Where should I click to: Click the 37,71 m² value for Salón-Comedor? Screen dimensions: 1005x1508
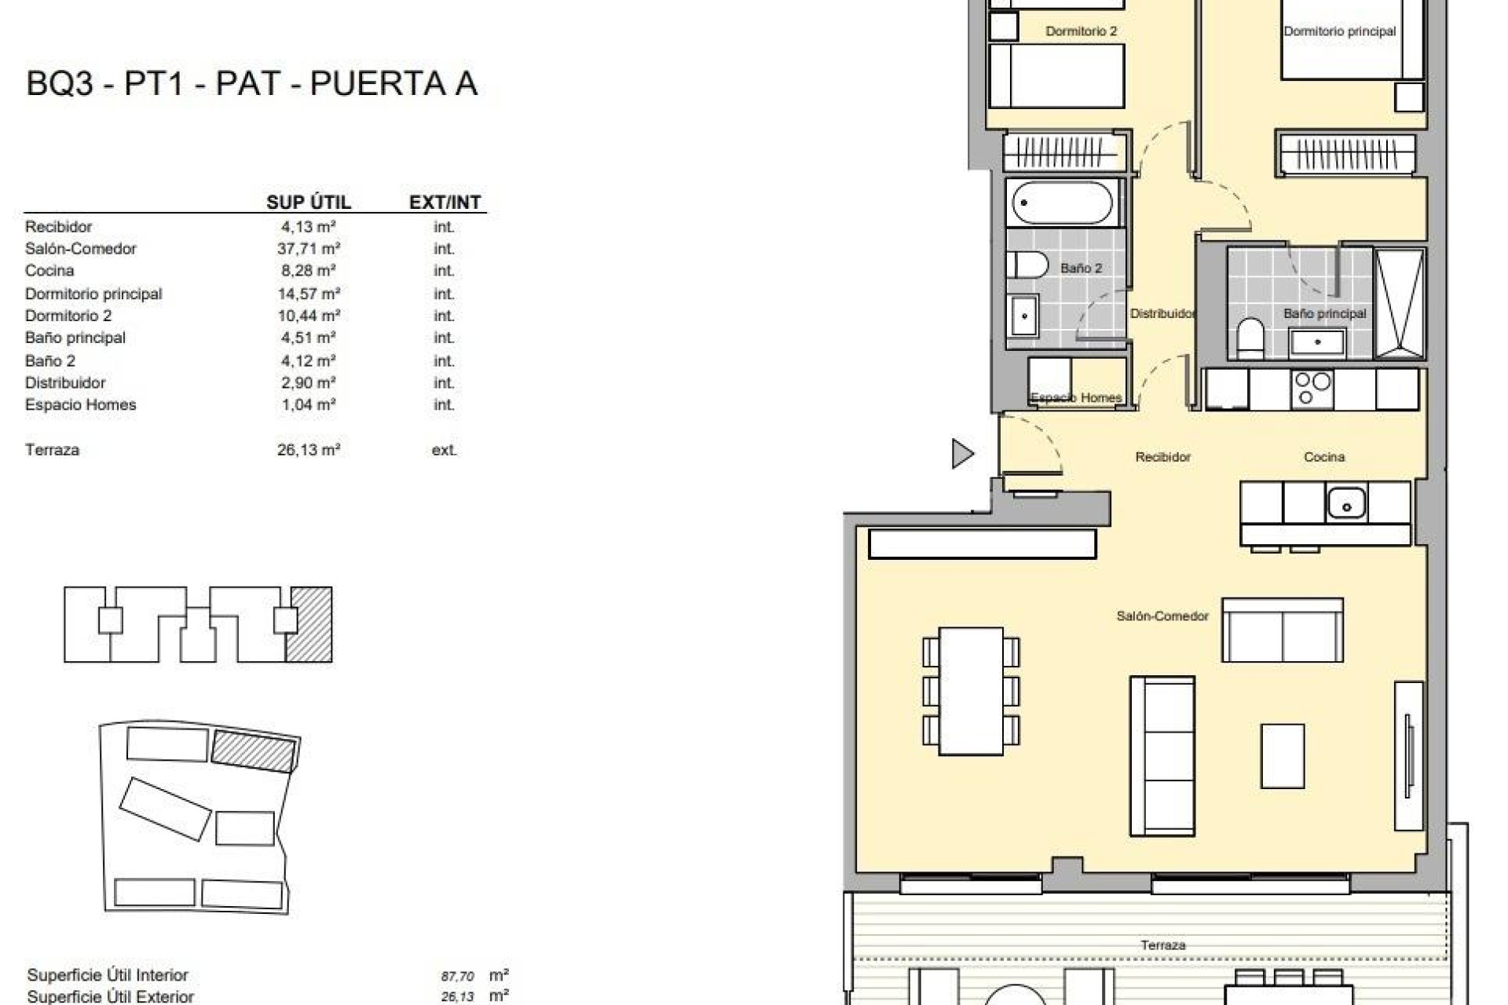(308, 249)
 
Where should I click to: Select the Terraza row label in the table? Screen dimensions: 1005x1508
(52, 450)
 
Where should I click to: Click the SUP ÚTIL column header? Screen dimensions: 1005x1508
(308, 203)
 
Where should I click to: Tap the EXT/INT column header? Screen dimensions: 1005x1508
(445, 203)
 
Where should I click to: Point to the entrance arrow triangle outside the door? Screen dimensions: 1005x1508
(961, 454)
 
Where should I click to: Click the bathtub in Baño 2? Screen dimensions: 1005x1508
(1062, 203)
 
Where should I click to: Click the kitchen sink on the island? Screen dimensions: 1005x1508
(1346, 503)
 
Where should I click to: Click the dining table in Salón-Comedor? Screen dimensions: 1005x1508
(971, 691)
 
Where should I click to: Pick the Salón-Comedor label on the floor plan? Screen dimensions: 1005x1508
(1162, 616)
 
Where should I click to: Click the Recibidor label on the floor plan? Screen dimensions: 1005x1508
(1162, 457)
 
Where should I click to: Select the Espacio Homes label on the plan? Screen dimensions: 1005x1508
(1075, 398)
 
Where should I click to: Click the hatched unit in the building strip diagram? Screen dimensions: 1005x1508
(309, 624)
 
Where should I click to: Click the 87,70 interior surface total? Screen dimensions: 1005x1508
(457, 977)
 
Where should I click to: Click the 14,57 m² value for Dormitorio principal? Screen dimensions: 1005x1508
(308, 294)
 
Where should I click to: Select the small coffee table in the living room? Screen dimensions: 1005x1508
(1282, 755)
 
